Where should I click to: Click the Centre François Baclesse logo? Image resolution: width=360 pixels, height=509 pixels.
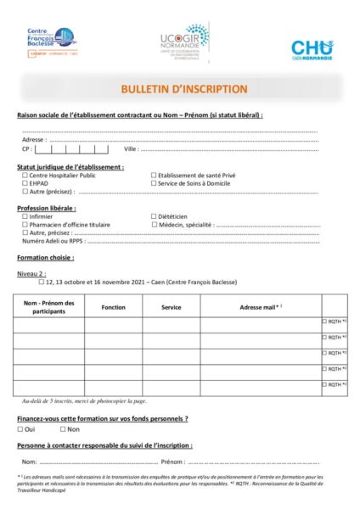coord(52,41)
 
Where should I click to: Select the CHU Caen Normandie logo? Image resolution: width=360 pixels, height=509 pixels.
coord(312,49)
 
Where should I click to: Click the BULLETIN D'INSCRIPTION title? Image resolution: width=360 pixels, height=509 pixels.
coord(184,89)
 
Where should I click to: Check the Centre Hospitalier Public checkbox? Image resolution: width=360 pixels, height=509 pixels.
coord(25,176)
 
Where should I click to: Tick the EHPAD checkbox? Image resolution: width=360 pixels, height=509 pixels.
coord(25,183)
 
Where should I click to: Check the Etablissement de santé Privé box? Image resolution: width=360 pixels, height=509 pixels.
coord(155,176)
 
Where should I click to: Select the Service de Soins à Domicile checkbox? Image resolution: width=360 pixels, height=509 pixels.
coord(155,183)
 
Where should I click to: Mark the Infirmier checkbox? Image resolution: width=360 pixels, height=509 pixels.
coord(25,216)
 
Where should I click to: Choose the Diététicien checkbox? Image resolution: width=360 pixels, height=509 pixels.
coord(155,216)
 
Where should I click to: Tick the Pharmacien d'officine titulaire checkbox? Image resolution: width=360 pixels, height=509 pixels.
coord(25,224)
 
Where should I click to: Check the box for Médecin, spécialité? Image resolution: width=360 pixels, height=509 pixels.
coord(155,224)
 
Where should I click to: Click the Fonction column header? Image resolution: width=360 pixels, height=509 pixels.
coord(113,306)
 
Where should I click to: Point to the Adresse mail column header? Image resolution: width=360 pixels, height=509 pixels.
coord(260,306)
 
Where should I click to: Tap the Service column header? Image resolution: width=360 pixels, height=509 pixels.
coord(172,306)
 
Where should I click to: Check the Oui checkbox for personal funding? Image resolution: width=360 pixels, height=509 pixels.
coord(20,429)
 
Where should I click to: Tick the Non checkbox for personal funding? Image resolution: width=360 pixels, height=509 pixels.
coord(63,429)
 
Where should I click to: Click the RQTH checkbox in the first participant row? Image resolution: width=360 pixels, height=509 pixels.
coord(324,322)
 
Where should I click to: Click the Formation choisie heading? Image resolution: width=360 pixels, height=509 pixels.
coord(46,257)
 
